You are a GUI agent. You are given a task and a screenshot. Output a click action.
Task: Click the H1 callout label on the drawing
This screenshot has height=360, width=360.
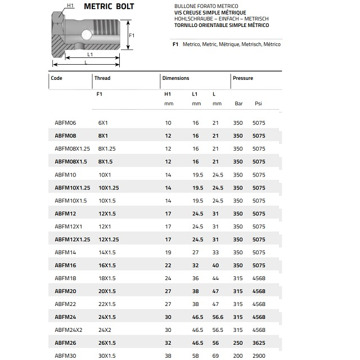click(70, 6)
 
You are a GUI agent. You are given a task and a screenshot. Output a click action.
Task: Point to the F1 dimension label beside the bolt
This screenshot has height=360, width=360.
click(131, 35)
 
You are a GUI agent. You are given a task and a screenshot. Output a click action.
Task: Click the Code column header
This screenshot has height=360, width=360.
click(56, 78)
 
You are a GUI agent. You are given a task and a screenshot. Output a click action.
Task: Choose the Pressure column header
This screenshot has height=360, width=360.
click(243, 78)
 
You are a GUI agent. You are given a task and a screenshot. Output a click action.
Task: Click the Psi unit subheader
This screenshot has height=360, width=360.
click(258, 103)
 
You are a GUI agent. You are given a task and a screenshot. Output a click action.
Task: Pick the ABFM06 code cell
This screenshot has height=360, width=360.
click(65, 123)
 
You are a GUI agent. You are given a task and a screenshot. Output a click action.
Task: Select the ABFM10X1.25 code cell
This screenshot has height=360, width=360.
click(73, 187)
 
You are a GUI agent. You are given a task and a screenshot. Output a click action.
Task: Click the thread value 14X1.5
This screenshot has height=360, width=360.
click(107, 252)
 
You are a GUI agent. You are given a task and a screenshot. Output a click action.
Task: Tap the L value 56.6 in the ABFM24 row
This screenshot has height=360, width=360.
click(218, 317)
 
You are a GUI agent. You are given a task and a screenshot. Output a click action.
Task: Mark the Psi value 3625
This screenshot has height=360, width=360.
click(259, 343)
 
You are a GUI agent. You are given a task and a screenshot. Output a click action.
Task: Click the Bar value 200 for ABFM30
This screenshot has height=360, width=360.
click(238, 355)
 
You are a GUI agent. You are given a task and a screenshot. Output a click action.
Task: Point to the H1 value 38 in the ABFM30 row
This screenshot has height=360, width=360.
click(168, 355)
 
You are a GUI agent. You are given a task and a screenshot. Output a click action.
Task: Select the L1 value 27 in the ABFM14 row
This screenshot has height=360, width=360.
click(196, 252)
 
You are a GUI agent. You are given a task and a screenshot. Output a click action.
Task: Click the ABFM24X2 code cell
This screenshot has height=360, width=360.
click(69, 330)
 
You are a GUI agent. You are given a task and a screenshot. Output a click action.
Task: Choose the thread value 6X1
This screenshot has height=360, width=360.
click(103, 123)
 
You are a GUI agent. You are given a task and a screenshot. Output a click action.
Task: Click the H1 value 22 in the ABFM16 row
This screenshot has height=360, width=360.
click(168, 265)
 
